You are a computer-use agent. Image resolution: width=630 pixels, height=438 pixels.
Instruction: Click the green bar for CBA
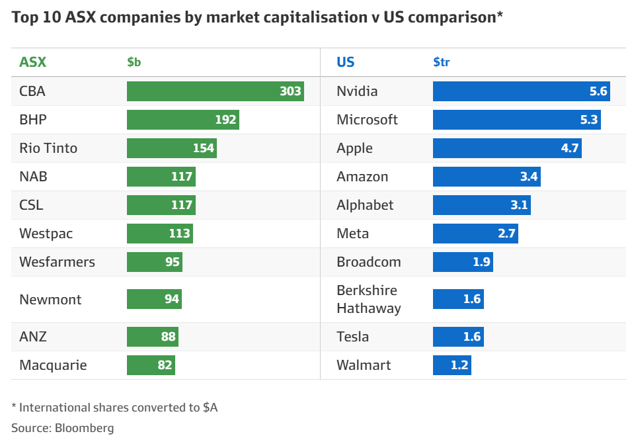point(215,91)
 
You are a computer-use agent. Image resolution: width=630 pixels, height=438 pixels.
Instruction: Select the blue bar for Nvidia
point(521,91)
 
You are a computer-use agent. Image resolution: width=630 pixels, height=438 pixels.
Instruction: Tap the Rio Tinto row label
point(48,148)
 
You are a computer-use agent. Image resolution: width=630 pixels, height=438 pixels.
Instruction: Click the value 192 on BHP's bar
point(225,120)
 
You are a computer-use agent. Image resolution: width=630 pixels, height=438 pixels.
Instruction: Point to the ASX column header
point(33,62)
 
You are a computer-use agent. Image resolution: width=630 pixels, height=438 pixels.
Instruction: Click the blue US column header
point(345,62)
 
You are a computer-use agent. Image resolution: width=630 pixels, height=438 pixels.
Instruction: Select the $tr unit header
point(442,62)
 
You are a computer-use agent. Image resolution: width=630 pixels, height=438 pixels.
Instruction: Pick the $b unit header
point(134,62)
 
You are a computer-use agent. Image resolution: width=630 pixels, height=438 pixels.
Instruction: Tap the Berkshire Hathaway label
point(368,299)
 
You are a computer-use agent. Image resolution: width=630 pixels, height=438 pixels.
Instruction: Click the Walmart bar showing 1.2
point(452,365)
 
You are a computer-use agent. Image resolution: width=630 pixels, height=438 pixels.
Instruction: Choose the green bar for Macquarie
point(151,365)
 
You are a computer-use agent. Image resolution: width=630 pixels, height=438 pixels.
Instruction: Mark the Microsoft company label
point(367,120)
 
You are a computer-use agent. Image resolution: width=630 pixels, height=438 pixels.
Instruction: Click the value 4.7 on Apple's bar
point(570,148)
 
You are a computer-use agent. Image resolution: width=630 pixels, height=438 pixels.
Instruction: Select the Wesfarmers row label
point(57,262)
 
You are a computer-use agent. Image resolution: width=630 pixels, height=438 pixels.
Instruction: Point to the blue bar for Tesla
point(457,337)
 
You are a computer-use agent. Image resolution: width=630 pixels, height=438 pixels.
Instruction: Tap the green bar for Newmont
point(154,299)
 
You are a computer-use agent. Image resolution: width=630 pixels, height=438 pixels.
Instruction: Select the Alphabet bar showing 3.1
point(481,205)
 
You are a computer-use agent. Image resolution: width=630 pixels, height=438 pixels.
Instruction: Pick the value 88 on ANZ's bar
point(168,337)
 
